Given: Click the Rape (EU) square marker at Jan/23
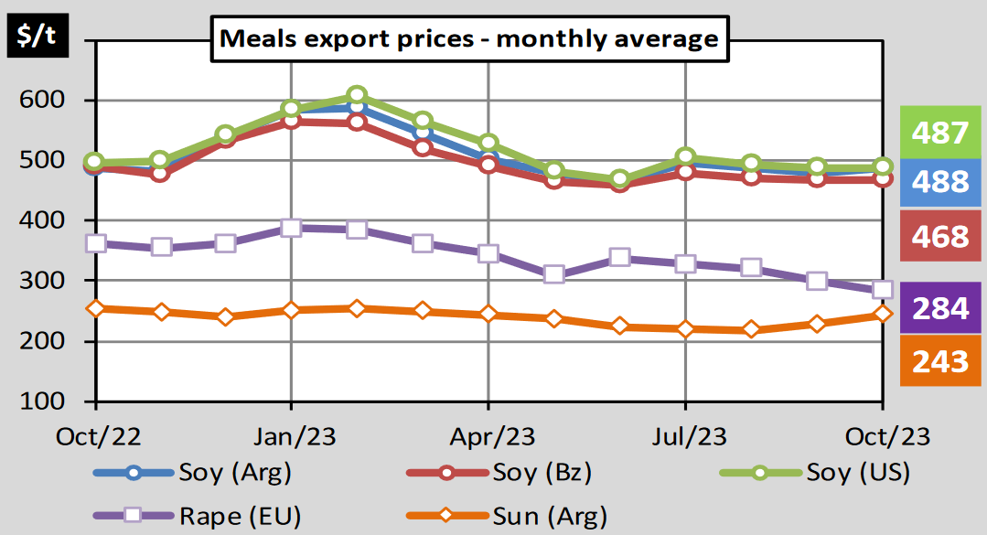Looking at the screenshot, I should [x=291, y=228].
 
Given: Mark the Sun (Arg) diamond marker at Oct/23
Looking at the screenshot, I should [x=882, y=315].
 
